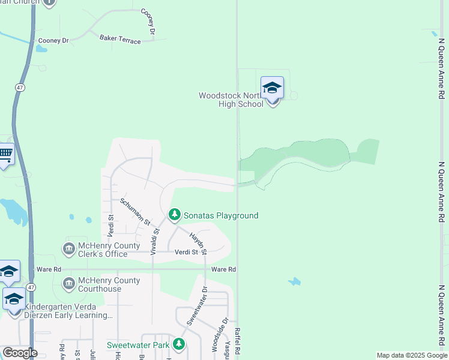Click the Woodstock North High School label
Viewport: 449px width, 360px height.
tap(231, 100)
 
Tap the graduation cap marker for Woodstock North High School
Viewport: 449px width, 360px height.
tap(272, 88)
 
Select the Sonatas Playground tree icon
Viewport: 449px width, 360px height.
tap(175, 215)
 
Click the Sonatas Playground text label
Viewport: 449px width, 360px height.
tap(221, 215)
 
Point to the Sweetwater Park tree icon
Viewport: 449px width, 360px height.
tap(179, 344)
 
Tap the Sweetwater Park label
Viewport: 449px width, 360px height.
tap(139, 345)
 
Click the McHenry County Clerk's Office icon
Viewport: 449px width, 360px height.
tap(68, 248)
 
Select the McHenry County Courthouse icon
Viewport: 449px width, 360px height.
tap(68, 283)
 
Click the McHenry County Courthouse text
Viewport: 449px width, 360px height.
tap(110, 284)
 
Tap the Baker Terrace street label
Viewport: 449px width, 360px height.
tap(120, 40)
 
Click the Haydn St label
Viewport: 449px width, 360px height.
tap(198, 243)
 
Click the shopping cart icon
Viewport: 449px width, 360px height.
tap(5, 154)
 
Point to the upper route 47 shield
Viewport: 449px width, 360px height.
tap(20, 87)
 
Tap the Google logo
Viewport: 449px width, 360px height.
tap(20, 353)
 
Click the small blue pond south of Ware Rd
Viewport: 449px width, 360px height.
tap(294, 281)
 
